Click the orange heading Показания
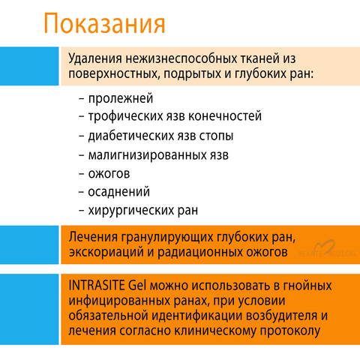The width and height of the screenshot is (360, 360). [104, 23]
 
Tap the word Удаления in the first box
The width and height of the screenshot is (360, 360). [95, 59]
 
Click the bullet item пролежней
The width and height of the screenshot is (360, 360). [121, 98]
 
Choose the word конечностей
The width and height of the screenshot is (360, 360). [225, 116]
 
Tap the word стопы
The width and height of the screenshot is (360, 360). [216, 136]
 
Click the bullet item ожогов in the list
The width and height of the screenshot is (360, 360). [109, 174]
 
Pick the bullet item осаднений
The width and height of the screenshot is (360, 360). [119, 192]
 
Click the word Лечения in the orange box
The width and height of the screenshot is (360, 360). [93, 237]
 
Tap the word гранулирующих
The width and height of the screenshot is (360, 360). [167, 238]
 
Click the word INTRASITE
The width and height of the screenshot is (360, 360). [97, 286]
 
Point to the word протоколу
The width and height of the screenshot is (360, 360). [290, 331]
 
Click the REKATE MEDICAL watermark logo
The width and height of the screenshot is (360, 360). [328, 249]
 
